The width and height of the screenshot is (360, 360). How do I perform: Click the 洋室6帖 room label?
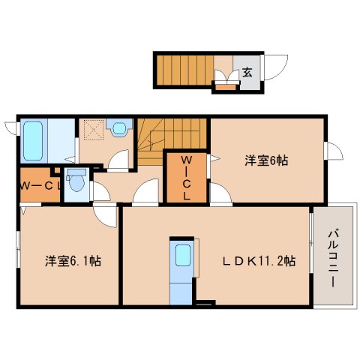pos(266,160)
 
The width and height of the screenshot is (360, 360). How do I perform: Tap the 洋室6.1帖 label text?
pos(73,261)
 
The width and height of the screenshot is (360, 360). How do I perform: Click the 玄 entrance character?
pos(247,73)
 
